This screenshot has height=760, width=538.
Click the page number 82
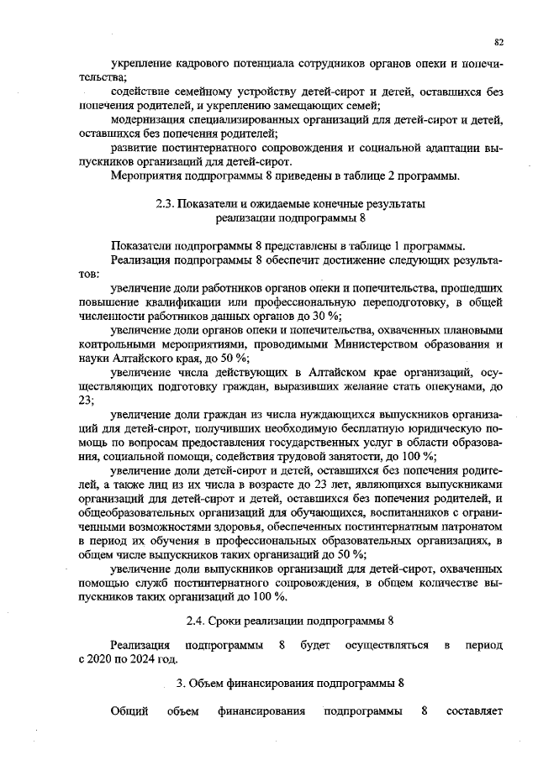click(498, 41)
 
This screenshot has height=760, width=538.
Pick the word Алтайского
click(140, 358)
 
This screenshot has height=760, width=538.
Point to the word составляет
click(474, 713)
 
